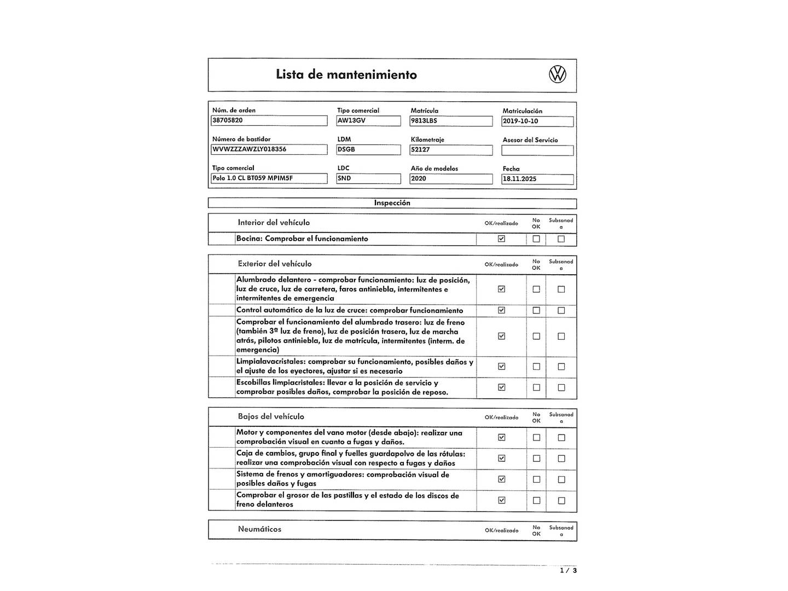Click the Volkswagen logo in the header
pos(557,74)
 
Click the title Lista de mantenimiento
pos(346,74)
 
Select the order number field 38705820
pos(269,120)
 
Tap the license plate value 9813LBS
pos(451,121)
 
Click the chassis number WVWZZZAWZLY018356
pos(269,149)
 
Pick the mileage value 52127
pos(451,150)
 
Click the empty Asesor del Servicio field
pos(537,150)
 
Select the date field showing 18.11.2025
pos(537,179)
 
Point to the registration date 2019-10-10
pos(537,121)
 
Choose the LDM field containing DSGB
pos(368,149)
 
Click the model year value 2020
pos(451,179)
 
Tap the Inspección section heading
pos(392,203)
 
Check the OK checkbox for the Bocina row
pos(501,239)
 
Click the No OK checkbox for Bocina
pos(536,239)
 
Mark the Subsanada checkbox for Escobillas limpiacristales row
pos(561,387)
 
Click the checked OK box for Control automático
pos(501,310)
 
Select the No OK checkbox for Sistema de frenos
pos(536,479)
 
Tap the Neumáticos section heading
pos(259,529)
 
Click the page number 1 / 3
pos(568,570)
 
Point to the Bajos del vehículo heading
pos(271,416)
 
